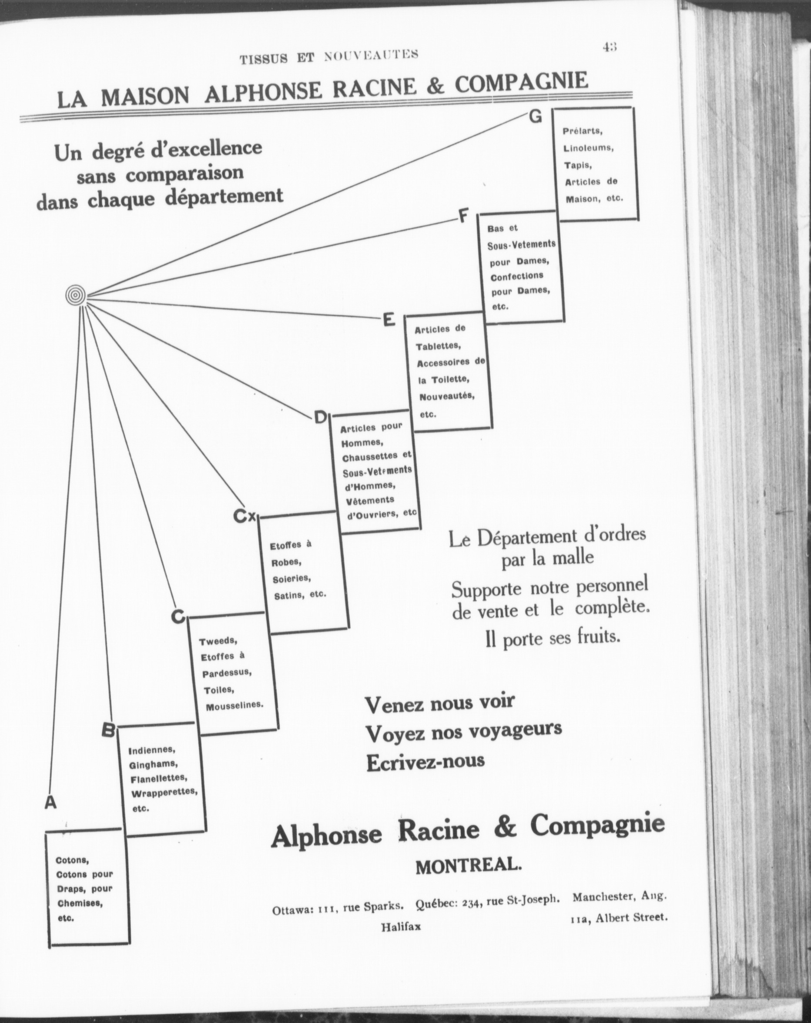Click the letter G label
(x=535, y=117)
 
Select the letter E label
(x=388, y=320)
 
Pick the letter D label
(x=320, y=418)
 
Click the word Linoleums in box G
(x=588, y=148)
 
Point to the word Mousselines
(x=234, y=705)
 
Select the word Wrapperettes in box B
(x=164, y=792)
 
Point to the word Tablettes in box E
(x=436, y=346)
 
